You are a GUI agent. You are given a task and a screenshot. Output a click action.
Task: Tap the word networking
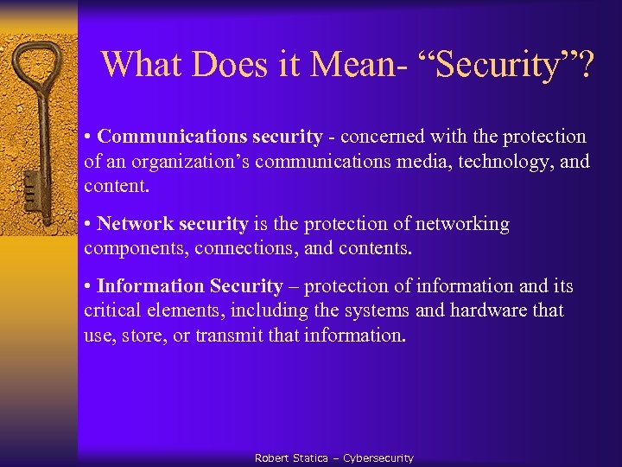(463, 224)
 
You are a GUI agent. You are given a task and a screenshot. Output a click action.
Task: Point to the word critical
(111, 310)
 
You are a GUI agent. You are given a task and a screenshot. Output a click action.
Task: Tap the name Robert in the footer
(271, 457)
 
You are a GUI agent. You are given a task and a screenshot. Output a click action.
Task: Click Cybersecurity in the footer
(378, 457)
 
